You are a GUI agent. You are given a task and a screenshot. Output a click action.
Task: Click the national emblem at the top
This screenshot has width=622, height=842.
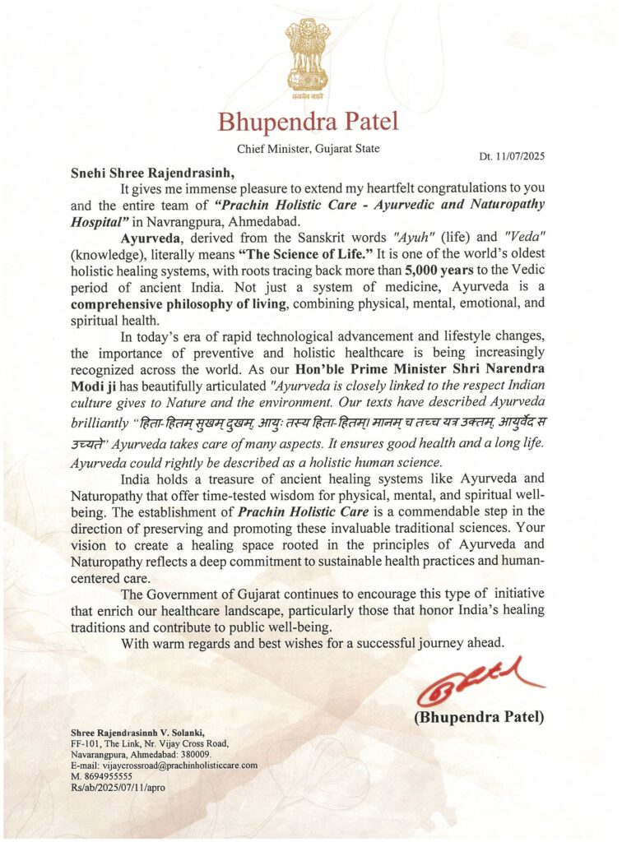309,56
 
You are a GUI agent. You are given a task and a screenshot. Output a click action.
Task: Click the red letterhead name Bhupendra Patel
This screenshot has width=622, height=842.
308,123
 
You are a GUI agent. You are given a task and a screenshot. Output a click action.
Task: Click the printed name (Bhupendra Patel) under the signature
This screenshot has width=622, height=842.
478,717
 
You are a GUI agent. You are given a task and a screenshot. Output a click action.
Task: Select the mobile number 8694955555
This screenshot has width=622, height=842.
107,775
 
